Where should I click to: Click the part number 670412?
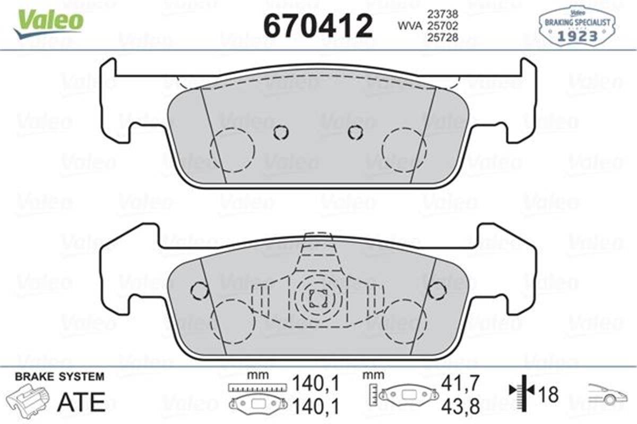[318, 25]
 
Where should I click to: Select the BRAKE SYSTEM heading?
[59, 377]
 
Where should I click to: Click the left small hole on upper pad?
[281, 132]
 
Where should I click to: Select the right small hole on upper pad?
[355, 132]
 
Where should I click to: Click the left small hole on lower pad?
[199, 290]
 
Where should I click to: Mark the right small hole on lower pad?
[436, 290]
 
